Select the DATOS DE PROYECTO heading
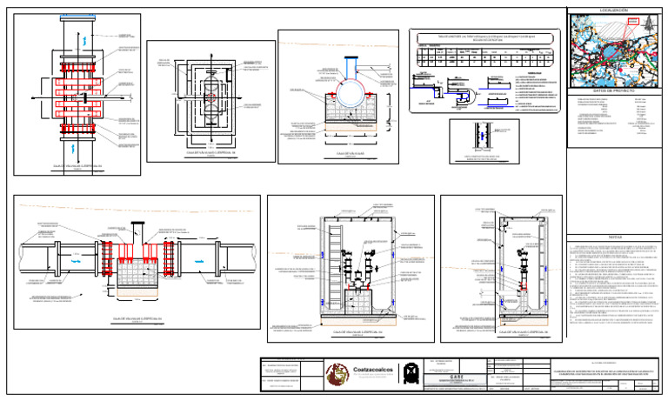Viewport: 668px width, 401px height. tap(612, 90)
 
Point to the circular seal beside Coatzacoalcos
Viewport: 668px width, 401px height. tap(337, 373)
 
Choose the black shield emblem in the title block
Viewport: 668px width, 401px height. tap(411, 373)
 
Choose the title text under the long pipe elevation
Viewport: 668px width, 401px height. tap(137, 319)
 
